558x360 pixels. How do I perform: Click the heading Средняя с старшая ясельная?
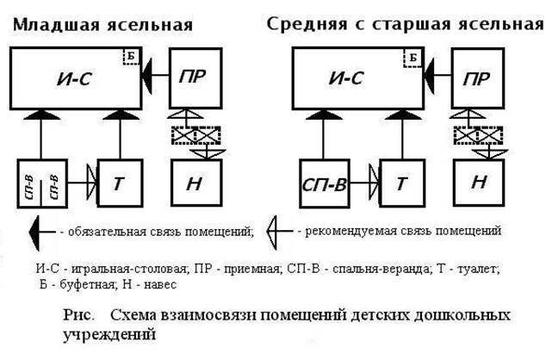click(x=406, y=23)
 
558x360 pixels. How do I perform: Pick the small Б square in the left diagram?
click(x=131, y=58)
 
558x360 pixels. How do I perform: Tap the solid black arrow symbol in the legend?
click(x=38, y=230)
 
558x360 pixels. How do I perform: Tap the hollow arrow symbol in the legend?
click(x=278, y=230)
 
